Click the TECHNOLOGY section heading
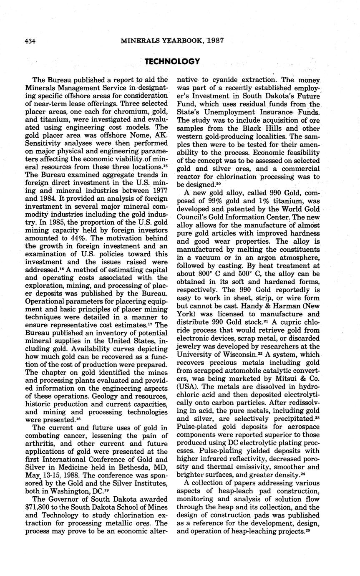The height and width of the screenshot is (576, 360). click(172, 62)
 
